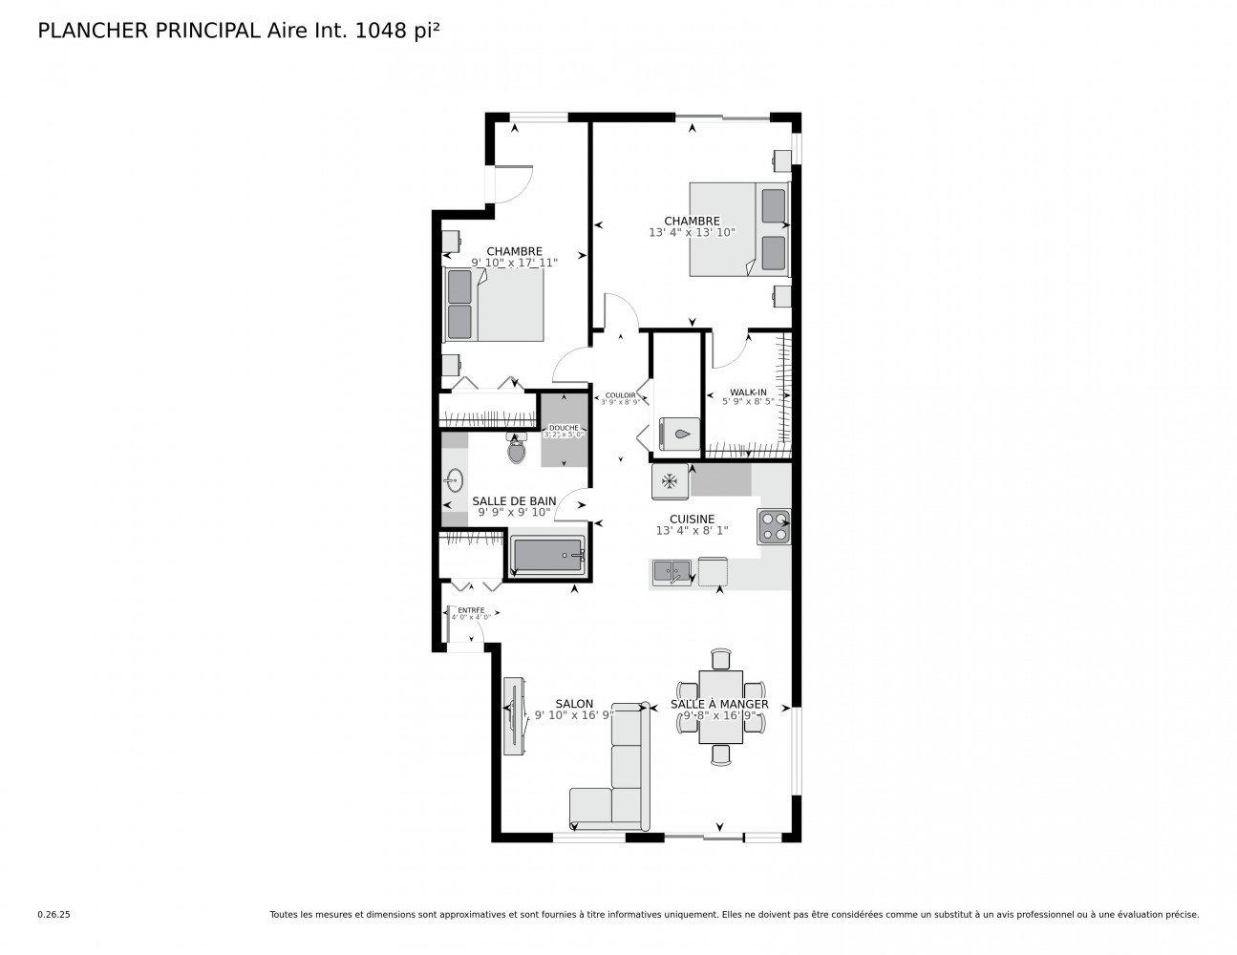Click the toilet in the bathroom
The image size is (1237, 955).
[517, 449]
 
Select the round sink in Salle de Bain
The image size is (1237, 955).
[453, 480]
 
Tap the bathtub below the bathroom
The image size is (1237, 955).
[546, 555]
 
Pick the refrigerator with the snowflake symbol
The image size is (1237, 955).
[671, 480]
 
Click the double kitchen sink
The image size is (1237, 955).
[672, 572]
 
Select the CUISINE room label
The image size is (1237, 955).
[692, 520]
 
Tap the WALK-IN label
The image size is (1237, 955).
[748, 393]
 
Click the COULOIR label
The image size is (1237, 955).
[620, 395]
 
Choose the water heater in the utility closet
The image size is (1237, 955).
[677, 433]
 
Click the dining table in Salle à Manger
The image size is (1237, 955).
[720, 708]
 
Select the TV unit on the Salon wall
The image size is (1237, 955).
[514, 716]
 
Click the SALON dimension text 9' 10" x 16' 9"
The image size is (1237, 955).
[573, 715]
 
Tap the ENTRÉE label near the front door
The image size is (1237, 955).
[471, 610]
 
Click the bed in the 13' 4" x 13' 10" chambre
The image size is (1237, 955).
[739, 229]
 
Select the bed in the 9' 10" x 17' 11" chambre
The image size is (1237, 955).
[494, 305]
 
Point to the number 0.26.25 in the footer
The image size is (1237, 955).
[54, 914]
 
